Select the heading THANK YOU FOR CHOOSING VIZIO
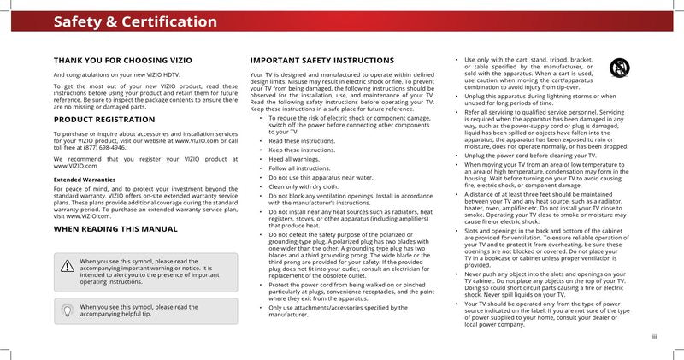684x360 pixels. [x=123, y=61]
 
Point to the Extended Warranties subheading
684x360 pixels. [x=84, y=180]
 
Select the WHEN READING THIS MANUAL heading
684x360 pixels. [x=115, y=229]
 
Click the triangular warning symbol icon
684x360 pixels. [x=67, y=266]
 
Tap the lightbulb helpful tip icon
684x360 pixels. [x=67, y=310]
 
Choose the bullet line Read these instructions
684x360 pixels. [x=301, y=140]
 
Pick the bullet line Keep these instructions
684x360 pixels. [x=301, y=150]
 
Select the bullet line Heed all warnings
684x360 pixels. [x=293, y=159]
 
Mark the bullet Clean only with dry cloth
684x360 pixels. [x=304, y=186]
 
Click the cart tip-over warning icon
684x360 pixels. [x=619, y=68]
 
